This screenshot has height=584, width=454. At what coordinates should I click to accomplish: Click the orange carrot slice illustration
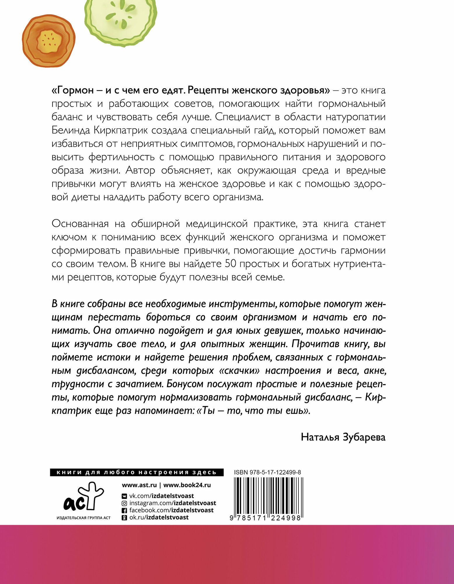point(48,40)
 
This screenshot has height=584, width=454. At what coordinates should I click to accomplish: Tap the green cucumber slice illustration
point(120,20)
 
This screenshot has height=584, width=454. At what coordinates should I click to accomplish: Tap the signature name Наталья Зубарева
point(343,437)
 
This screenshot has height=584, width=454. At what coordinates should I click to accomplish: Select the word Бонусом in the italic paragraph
point(184,384)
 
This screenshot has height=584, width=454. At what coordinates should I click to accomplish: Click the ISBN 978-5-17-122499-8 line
point(267,472)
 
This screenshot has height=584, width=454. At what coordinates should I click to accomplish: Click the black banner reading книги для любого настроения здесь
point(137,472)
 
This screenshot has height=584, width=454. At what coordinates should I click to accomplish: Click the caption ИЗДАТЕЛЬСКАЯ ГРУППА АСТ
point(83,518)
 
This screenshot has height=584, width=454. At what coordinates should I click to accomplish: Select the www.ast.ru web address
point(139,485)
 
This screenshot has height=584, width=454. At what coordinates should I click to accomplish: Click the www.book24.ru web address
point(187,485)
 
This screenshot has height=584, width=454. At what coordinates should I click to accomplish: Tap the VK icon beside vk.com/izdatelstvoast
point(124,496)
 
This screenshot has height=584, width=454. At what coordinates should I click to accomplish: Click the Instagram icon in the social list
point(124,503)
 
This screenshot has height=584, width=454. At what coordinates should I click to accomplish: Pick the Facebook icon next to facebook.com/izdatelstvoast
point(124,510)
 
